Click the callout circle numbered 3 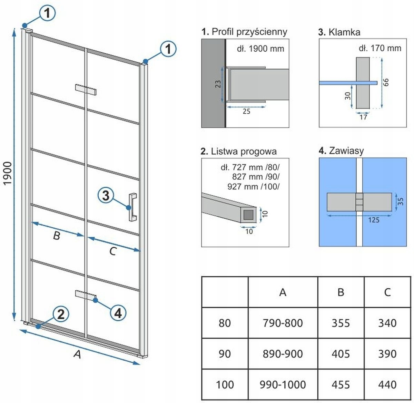point(106,196)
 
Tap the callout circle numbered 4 point(118,313)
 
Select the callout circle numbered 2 point(60,314)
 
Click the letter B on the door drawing point(57,236)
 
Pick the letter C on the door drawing point(112,251)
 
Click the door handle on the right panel point(132,207)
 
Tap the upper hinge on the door point(86,89)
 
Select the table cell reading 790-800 point(283,323)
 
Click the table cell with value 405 point(341,354)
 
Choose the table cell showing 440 point(387,384)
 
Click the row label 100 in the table point(225,384)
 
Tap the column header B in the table point(341,292)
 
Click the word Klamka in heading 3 point(344,32)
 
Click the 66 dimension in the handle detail point(386,82)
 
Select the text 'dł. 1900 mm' point(260,49)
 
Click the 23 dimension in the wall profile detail point(218,84)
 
